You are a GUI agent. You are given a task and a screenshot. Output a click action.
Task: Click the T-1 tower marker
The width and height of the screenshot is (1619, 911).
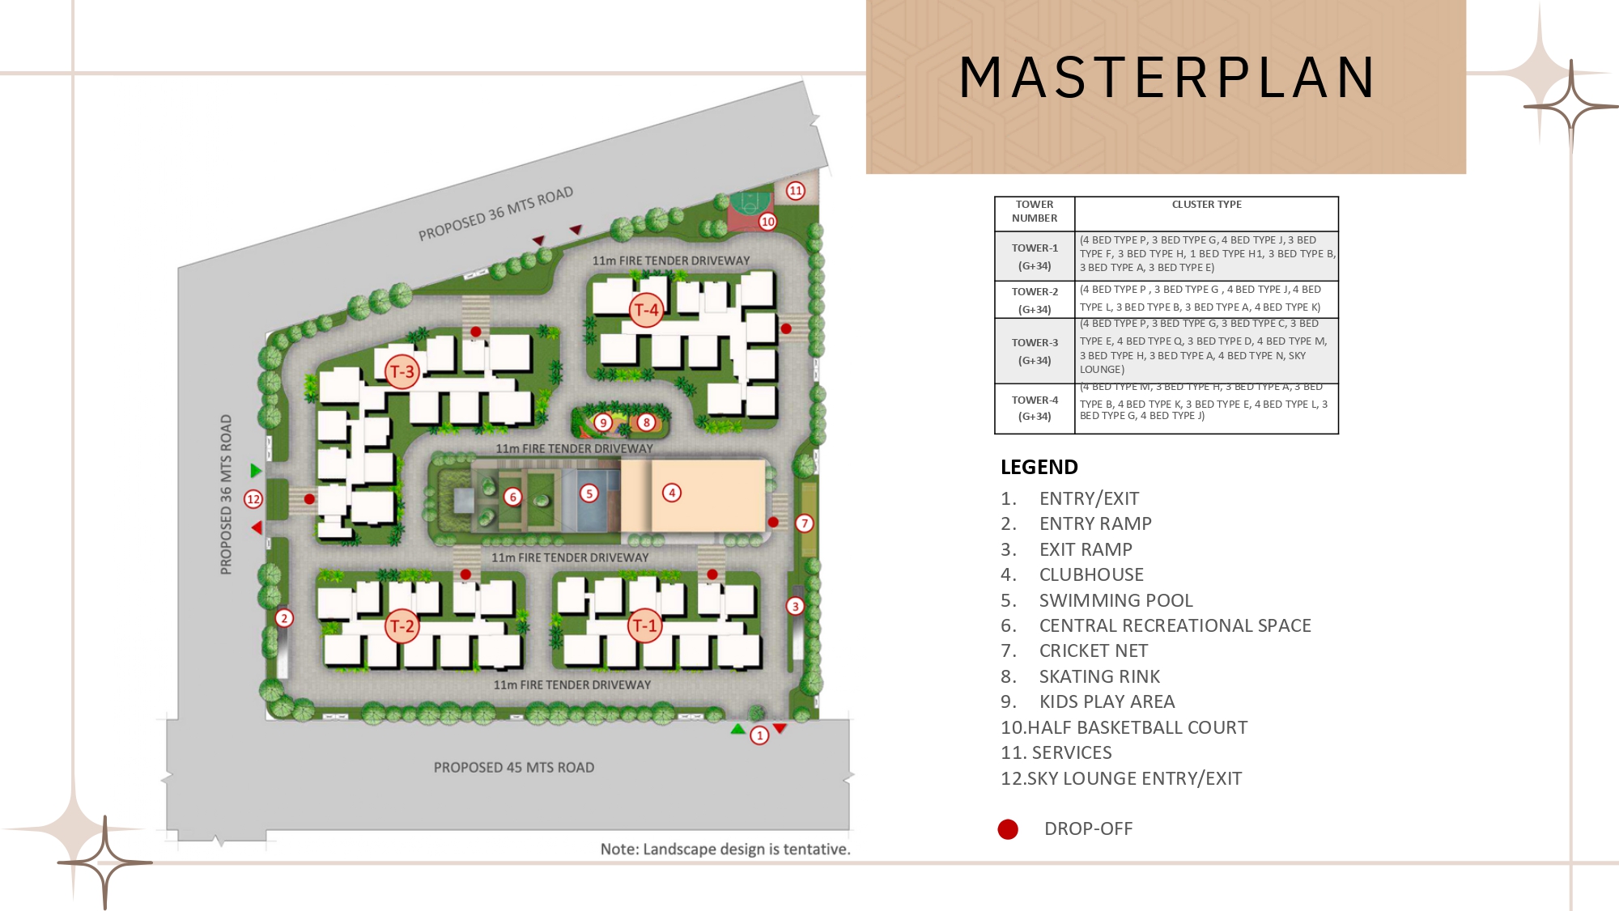point(645,625)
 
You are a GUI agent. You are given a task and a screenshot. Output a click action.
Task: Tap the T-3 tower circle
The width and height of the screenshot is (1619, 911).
point(402,372)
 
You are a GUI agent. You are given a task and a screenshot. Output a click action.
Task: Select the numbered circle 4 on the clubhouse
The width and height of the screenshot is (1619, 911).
point(671,493)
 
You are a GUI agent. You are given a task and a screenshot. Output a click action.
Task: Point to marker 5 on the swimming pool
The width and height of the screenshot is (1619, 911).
point(589,494)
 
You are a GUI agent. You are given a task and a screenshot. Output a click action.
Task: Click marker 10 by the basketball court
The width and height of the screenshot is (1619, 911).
point(767,222)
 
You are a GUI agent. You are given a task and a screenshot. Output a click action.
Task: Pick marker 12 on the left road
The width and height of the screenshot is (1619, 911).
point(253,499)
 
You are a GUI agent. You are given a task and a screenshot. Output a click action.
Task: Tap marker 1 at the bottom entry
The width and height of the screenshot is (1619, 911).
point(759,735)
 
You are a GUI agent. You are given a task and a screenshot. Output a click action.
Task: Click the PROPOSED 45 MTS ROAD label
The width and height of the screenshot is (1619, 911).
point(513,767)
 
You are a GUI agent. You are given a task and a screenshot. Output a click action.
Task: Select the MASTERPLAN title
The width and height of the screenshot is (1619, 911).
point(1166,78)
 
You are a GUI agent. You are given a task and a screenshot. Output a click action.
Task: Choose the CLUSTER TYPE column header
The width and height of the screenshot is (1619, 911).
point(1206,205)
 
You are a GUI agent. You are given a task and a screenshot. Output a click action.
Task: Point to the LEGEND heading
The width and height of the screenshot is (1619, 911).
point(1039,468)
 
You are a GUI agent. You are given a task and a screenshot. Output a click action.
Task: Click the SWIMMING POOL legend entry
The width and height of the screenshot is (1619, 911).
point(1115,600)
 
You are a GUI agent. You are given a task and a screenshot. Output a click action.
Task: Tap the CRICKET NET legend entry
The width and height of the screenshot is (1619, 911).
point(1093,651)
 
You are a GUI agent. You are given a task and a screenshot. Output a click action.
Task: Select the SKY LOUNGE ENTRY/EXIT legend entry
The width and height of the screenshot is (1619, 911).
point(1121,778)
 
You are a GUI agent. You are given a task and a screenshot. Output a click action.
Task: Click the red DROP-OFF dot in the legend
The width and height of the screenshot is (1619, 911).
point(1008,829)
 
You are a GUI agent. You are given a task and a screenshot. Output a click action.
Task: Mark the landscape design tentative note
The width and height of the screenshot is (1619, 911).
point(725,850)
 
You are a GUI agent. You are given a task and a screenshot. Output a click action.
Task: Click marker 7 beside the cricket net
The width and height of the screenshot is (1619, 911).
point(804,523)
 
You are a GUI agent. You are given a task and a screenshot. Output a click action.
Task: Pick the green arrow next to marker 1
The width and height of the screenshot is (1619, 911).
point(737,730)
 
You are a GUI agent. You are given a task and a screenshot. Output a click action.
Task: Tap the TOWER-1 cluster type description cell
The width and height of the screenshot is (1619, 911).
point(1206,254)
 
